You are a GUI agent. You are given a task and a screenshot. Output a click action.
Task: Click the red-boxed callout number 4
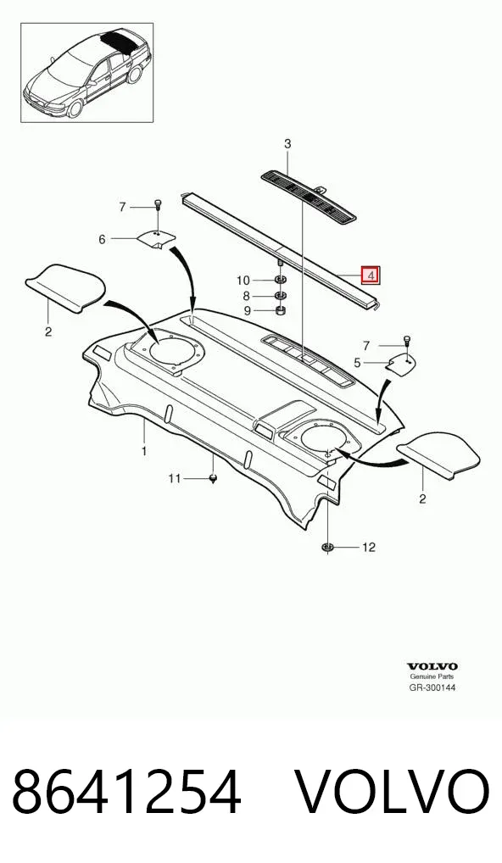pyautogui.click(x=371, y=275)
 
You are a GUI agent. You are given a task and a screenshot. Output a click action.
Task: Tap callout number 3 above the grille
pyautogui.click(x=287, y=145)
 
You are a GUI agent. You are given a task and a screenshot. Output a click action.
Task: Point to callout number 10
pyautogui.click(x=243, y=281)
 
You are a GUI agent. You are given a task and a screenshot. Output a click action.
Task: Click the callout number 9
pyautogui.click(x=247, y=311)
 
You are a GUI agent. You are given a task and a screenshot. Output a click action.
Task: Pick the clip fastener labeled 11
pyautogui.click(x=214, y=478)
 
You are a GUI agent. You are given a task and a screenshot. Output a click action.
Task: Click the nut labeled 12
pyautogui.click(x=327, y=547)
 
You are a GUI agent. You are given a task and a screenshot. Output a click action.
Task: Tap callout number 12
pyautogui.click(x=368, y=547)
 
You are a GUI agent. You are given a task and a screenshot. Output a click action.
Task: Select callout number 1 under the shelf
pyautogui.click(x=144, y=451)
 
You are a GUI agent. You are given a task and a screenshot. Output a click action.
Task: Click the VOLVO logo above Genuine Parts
pyautogui.click(x=432, y=667)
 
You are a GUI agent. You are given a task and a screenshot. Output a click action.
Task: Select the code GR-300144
pyautogui.click(x=432, y=688)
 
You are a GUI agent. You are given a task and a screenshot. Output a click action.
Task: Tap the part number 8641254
pyautogui.click(x=126, y=793)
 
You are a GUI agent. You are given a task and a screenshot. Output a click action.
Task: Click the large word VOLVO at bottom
pyautogui.click(x=393, y=793)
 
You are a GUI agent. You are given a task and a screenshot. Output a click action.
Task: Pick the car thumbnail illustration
pyautogui.click(x=87, y=72)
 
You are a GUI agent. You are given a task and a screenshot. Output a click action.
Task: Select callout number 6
pyautogui.click(x=102, y=239)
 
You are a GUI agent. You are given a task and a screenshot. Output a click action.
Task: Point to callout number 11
pyautogui.click(x=174, y=479)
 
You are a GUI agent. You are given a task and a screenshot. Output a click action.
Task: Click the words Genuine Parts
pyautogui.click(x=432, y=676)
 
